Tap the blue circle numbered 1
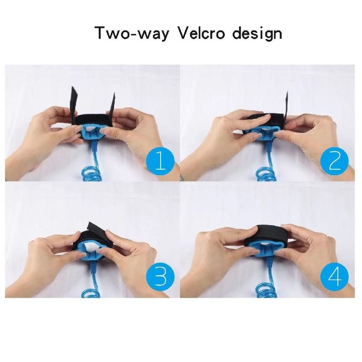click(161, 162)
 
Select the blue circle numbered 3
click(161, 277)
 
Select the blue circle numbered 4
click(334, 277)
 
